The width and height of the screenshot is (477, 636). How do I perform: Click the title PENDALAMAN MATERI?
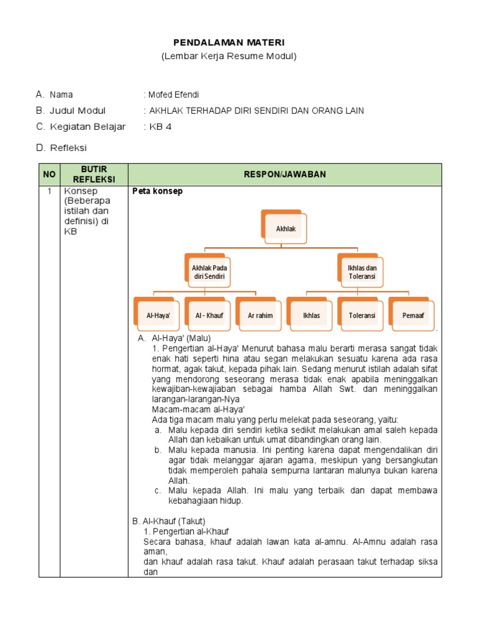229,42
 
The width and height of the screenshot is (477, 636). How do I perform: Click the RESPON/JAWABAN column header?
284,175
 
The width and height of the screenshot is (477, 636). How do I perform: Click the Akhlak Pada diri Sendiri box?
209,271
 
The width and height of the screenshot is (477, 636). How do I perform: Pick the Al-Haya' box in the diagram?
158,315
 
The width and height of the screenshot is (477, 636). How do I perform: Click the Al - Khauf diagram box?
209,315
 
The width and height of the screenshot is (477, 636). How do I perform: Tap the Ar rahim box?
260,315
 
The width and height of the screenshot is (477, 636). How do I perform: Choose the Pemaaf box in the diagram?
413,315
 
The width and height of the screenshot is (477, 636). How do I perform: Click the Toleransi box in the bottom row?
362,315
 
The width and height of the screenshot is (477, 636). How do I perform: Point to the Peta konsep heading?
158,191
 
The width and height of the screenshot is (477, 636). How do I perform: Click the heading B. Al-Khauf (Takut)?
169,520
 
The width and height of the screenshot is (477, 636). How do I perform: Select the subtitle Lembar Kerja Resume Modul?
229,57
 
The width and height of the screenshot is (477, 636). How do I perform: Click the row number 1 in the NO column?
48,191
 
